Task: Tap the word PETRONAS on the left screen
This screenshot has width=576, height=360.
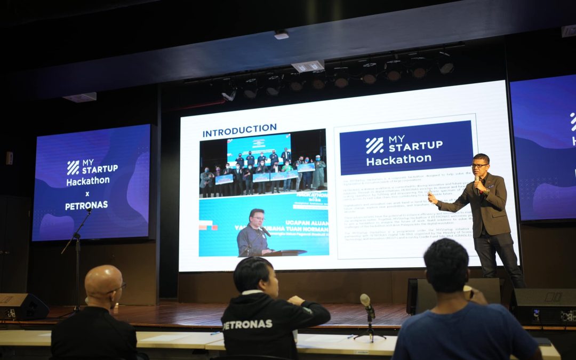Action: [86, 205]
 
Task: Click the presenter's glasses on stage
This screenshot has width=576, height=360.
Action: [479, 166]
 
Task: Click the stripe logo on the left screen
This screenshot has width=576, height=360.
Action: [73, 167]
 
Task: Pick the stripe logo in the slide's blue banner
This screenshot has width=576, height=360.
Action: [374, 145]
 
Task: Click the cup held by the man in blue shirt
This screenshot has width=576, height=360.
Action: [467, 292]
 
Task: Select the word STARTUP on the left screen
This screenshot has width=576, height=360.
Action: [100, 169]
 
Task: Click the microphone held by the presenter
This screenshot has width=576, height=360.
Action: [477, 181]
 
